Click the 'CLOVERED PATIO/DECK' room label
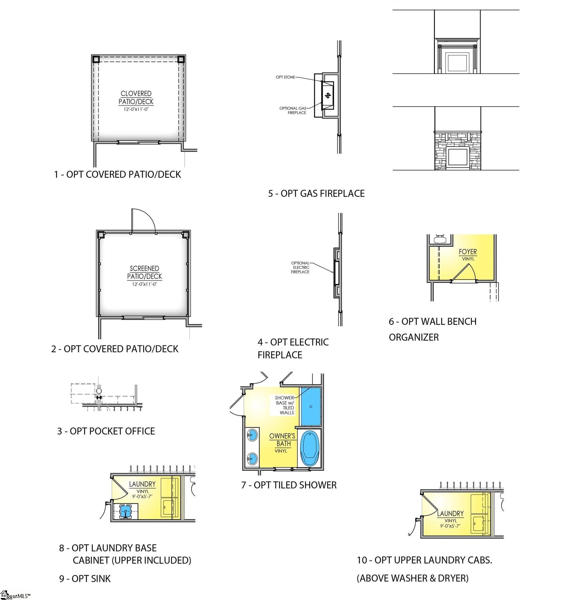coord(136,98)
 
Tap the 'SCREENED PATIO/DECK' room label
coord(144,273)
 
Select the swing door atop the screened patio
coord(143,221)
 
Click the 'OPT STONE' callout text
coord(285,77)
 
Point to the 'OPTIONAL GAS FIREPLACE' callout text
coord(293,110)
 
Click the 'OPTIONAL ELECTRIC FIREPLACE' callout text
coord(300,268)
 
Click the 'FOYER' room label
coord(468,252)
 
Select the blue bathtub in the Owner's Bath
coord(310,448)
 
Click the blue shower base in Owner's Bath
coord(311,406)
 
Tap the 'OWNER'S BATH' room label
coord(282,440)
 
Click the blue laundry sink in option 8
coord(125,511)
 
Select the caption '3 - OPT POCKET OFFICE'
coord(106,431)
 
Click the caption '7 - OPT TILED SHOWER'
coord(289,485)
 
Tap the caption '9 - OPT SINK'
coord(85,579)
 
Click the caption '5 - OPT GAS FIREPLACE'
coord(316,194)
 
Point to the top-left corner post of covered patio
coord(96,60)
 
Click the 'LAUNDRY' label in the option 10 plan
coord(450,513)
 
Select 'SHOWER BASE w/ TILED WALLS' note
coord(285,405)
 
